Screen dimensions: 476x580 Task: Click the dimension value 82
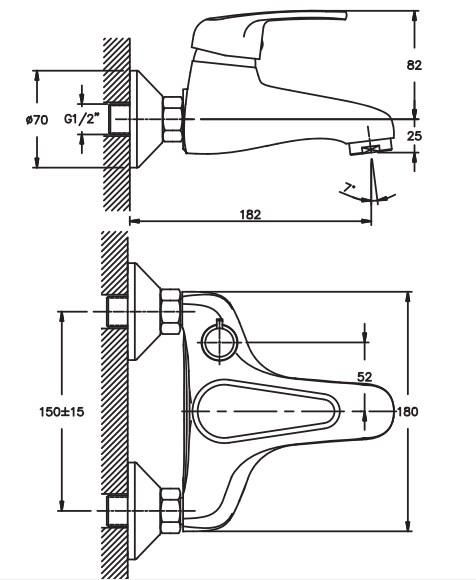(x=414, y=65)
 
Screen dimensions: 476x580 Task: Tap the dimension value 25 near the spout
(x=414, y=136)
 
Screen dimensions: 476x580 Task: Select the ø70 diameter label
(x=37, y=119)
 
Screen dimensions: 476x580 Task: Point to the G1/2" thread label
(x=82, y=119)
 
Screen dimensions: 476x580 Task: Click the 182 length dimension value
(x=250, y=215)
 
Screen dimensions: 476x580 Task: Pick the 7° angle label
(x=348, y=188)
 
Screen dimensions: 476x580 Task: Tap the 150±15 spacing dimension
(x=62, y=411)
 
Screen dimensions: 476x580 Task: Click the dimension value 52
(x=365, y=377)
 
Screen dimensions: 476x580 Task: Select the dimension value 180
(x=407, y=411)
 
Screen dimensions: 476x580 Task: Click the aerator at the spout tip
(x=371, y=148)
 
